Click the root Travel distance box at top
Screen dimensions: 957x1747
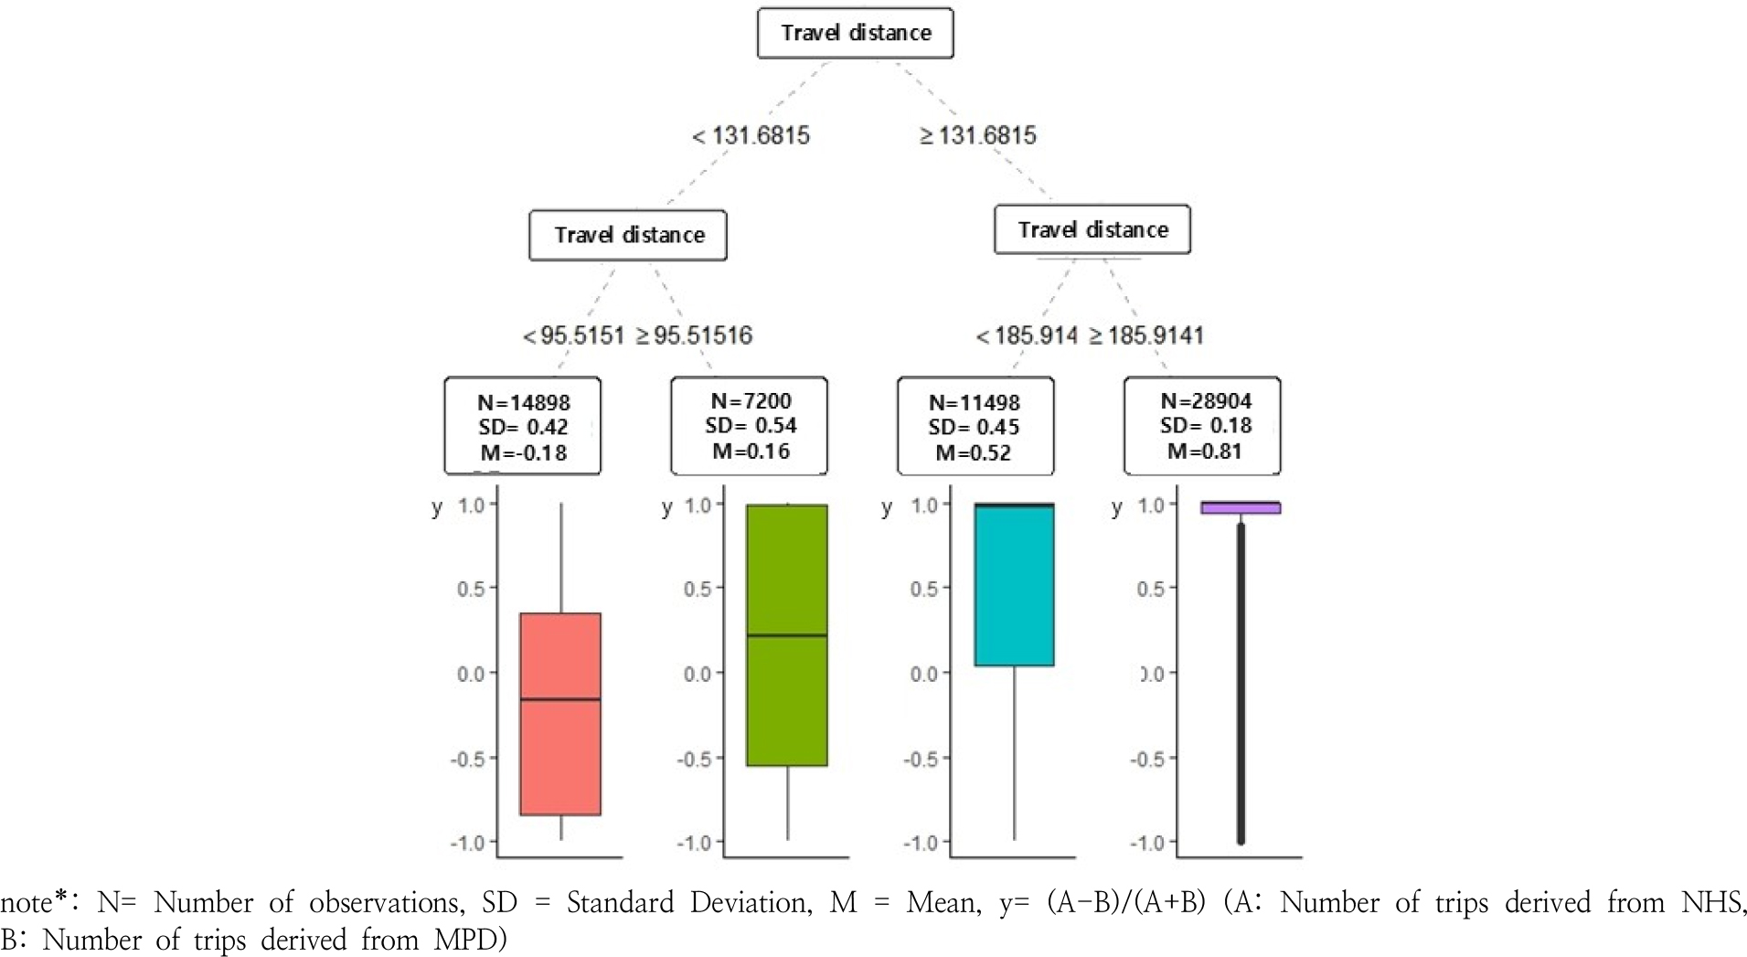point(855,34)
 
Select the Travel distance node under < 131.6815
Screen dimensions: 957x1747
point(628,236)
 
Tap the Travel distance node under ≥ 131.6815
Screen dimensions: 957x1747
point(1092,229)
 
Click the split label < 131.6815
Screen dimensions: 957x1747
point(751,136)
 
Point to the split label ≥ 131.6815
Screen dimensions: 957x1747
point(977,136)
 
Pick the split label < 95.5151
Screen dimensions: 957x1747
point(573,336)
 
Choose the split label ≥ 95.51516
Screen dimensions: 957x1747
point(694,336)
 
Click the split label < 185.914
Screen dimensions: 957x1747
point(1027,336)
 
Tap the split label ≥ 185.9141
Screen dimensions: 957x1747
point(1146,336)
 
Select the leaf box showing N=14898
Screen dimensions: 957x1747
point(523,426)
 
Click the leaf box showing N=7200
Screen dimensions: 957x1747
point(750,426)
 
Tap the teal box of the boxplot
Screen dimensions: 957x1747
point(1014,585)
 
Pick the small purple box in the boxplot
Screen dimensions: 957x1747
point(1241,508)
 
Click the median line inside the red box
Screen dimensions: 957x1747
point(560,699)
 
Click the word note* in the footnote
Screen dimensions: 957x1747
point(30,903)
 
